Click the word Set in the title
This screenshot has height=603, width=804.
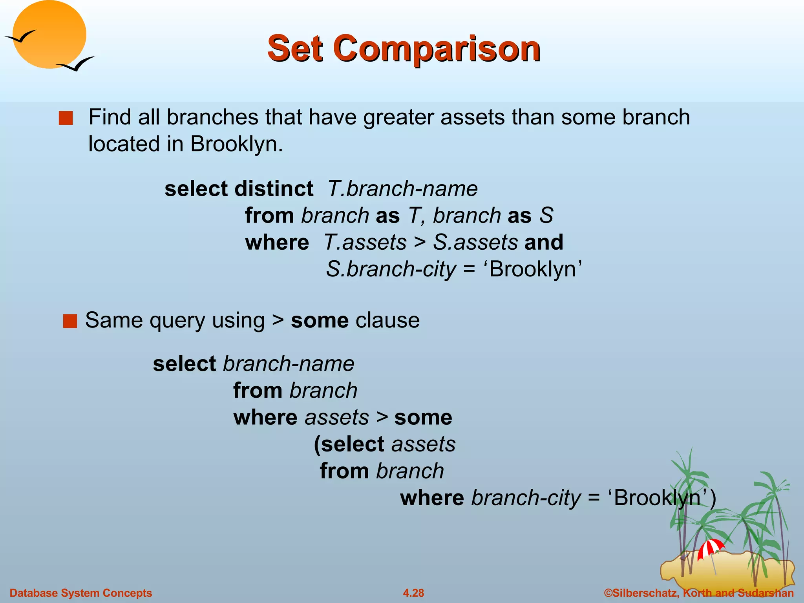[295, 49]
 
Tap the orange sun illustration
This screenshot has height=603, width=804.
[49, 35]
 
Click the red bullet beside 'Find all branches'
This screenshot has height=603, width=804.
[66, 118]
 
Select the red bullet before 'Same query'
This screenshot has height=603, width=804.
[70, 321]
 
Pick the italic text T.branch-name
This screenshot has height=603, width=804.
[402, 189]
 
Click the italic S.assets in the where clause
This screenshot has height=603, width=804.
[475, 242]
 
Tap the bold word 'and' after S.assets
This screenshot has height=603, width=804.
[544, 242]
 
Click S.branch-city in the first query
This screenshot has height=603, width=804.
[391, 270]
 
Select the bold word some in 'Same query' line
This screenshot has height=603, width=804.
[320, 320]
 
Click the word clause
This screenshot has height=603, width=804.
[387, 320]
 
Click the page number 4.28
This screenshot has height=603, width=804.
[413, 593]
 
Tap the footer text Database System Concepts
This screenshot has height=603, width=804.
[80, 593]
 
